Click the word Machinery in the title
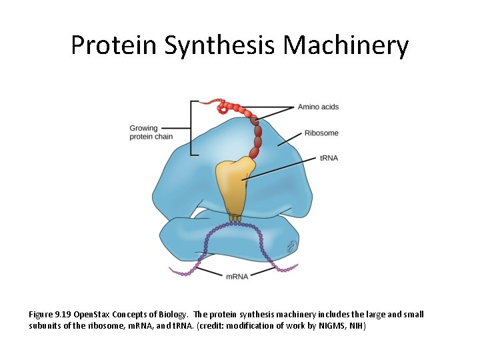345,45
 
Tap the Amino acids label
318,107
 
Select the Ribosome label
321,133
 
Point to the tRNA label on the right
328,158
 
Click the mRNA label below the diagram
237,276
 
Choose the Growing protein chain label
151,132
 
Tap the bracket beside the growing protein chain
192,128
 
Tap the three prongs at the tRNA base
235,217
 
